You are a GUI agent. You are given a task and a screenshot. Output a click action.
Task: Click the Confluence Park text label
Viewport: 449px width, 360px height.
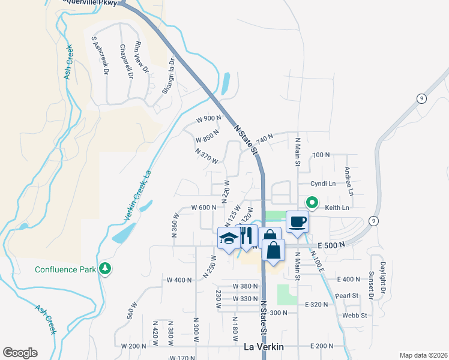[x=65, y=269]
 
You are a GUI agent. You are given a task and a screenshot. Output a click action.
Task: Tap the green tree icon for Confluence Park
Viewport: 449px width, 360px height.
[x=106, y=268]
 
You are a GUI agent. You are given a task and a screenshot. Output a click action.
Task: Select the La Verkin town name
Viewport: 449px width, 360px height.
[x=264, y=347]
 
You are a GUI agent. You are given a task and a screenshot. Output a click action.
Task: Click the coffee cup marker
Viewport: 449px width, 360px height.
[x=298, y=222]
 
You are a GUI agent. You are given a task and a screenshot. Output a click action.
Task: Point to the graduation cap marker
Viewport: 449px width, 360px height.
[x=228, y=239]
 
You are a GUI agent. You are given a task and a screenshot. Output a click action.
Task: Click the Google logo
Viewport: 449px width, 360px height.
[x=20, y=353]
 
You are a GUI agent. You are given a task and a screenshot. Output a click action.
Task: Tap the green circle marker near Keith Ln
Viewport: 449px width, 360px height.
[x=312, y=202]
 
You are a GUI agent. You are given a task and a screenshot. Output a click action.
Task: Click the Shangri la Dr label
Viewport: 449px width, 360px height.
[x=169, y=76]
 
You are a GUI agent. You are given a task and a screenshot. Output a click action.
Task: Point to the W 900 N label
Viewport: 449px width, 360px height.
[x=209, y=118]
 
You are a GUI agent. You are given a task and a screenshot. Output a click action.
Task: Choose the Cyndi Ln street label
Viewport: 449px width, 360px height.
[x=323, y=183]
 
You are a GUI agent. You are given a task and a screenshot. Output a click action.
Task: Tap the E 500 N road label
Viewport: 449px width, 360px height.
[x=333, y=245]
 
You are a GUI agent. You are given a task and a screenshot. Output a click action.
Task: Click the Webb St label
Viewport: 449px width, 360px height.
[x=355, y=315]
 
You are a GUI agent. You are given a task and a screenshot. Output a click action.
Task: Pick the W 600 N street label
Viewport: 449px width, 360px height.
[x=203, y=208]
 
